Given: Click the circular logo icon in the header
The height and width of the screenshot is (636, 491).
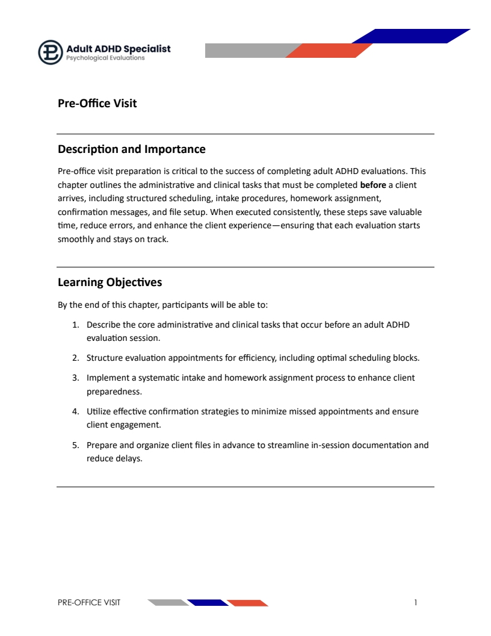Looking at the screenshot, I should (51, 52).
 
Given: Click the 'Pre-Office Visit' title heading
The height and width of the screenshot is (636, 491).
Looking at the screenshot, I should (97, 104).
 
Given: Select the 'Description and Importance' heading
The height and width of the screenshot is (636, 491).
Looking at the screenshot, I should (131, 149).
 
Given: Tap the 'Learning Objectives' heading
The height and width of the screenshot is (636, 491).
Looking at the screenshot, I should (110, 282).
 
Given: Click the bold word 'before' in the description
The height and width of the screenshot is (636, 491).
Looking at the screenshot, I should (373, 185).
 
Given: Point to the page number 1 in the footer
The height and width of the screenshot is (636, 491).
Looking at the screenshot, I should (416, 602).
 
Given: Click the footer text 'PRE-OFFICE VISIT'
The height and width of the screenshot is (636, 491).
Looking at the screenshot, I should (89, 602).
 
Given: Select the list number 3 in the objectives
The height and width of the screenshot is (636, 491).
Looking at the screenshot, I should (76, 378).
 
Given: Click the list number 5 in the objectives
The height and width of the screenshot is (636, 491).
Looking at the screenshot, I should (76, 446).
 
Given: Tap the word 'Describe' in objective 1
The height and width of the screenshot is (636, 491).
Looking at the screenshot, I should (103, 325).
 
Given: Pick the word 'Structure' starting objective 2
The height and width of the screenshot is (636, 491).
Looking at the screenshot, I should (104, 358).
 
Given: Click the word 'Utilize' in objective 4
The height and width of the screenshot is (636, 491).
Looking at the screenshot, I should (98, 412).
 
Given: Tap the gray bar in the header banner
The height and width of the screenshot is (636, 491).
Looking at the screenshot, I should (247, 51).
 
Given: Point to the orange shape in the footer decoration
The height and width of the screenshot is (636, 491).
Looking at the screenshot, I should (247, 602).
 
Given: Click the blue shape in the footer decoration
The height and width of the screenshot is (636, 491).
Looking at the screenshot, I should (207, 602).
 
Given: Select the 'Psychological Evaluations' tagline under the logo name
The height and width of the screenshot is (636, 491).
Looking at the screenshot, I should (105, 58).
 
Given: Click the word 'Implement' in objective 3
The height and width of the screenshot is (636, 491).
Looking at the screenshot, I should (107, 378).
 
